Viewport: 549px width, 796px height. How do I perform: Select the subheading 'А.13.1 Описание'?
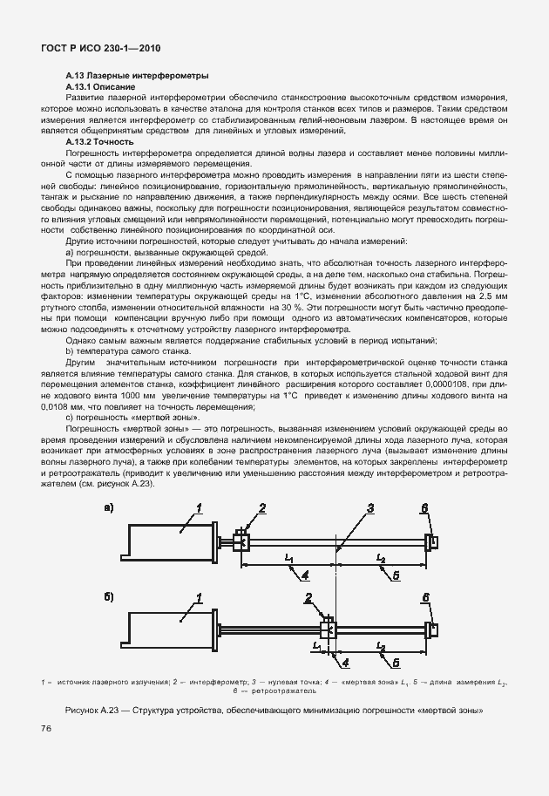100,88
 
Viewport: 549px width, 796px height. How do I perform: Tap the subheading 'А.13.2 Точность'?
99,141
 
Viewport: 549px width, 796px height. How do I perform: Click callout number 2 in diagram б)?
308,596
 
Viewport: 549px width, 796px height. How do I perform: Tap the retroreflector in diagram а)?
431,541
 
